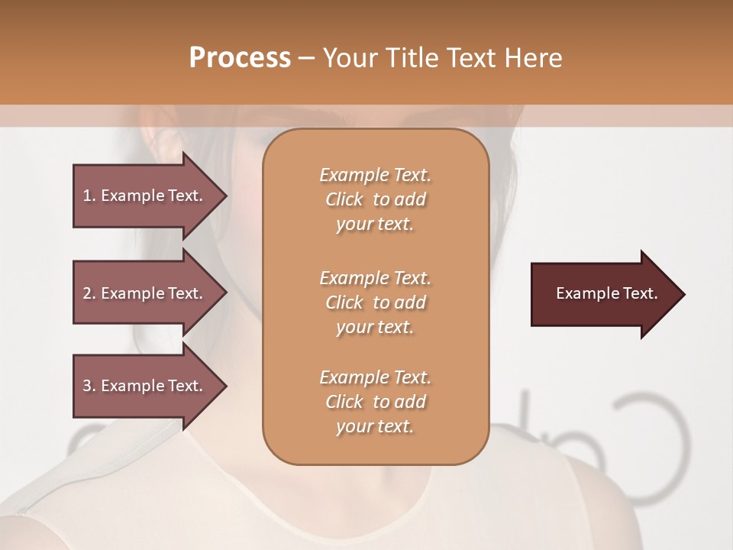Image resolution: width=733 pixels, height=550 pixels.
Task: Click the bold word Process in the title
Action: tap(240, 58)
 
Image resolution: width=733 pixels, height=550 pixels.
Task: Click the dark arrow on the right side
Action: tap(603, 293)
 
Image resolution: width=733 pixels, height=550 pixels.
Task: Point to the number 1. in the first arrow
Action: tap(89, 196)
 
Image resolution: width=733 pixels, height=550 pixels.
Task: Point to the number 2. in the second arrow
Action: tap(89, 293)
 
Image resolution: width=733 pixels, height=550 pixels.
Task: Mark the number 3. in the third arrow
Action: tap(89, 386)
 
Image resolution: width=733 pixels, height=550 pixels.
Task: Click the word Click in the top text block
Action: tap(344, 199)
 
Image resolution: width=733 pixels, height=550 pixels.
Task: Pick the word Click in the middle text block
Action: tap(344, 302)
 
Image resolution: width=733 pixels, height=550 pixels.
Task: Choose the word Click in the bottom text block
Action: tap(344, 402)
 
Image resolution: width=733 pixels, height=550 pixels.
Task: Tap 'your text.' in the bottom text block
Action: tap(375, 427)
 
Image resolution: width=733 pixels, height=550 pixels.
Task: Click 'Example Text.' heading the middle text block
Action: tap(375, 277)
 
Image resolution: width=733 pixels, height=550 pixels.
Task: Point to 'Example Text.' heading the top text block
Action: tap(375, 175)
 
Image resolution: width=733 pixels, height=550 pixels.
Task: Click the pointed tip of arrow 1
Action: tap(224, 196)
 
